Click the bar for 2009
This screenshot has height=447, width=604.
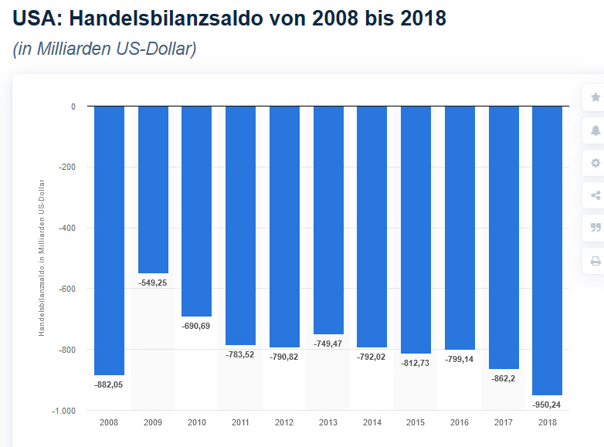pyautogui.click(x=153, y=189)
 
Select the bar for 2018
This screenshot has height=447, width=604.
pyautogui.click(x=548, y=250)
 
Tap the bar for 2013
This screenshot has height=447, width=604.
pyautogui.click(x=328, y=220)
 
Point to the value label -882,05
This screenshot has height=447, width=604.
pyautogui.click(x=109, y=384)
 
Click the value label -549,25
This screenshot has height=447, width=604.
pyautogui.click(x=153, y=283)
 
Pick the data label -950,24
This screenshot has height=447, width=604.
pyautogui.click(x=548, y=405)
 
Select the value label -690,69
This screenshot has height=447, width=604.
pyautogui.click(x=196, y=326)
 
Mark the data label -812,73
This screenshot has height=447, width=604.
pyautogui.click(x=416, y=363)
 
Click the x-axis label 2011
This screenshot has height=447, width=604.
pyautogui.click(x=240, y=422)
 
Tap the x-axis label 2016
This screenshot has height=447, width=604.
pyautogui.click(x=460, y=422)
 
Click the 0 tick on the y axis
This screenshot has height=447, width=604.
pyautogui.click(x=73, y=107)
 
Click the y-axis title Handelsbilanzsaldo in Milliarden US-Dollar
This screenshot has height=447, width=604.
pyautogui.click(x=42, y=258)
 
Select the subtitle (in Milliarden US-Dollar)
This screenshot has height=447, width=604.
pyautogui.click(x=104, y=49)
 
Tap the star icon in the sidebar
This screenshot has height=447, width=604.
pyautogui.click(x=596, y=97)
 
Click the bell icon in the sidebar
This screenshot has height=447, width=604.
pyautogui.click(x=596, y=130)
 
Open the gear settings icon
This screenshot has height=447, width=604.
pyautogui.click(x=596, y=163)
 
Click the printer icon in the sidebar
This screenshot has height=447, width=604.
pyautogui.click(x=596, y=261)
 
